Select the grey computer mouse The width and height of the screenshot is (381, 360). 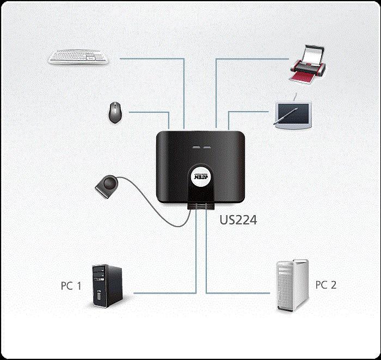click(x=114, y=112)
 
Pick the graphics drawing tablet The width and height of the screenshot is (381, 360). click(x=294, y=114)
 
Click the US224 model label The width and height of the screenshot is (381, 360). click(x=238, y=221)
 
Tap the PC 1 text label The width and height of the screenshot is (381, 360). click(x=71, y=285)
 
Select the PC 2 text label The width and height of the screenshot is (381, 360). click(x=326, y=285)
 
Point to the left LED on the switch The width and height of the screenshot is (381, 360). click(x=194, y=147)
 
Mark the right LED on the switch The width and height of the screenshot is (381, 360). click(x=206, y=147)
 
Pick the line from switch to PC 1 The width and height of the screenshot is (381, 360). click(x=163, y=294)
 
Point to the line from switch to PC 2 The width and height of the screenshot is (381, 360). click(x=239, y=294)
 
